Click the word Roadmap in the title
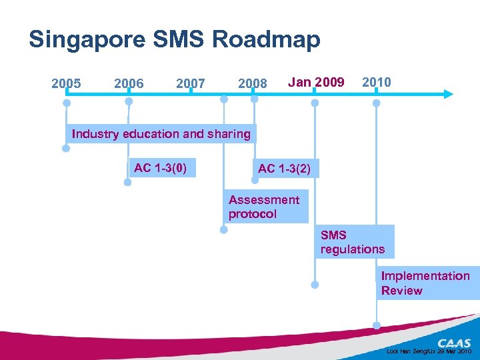[x=266, y=39]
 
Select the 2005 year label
[x=66, y=83]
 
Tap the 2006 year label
[x=129, y=83]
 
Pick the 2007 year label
[x=191, y=84]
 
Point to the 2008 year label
[x=253, y=84]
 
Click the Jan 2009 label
[x=315, y=82]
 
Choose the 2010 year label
[x=376, y=82]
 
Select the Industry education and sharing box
[x=161, y=134]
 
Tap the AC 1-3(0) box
[x=160, y=168]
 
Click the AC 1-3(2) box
[x=284, y=169]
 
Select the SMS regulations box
[x=353, y=242]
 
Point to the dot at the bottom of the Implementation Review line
[x=377, y=325]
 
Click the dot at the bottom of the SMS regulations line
[x=315, y=284]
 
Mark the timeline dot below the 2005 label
[x=67, y=103]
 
